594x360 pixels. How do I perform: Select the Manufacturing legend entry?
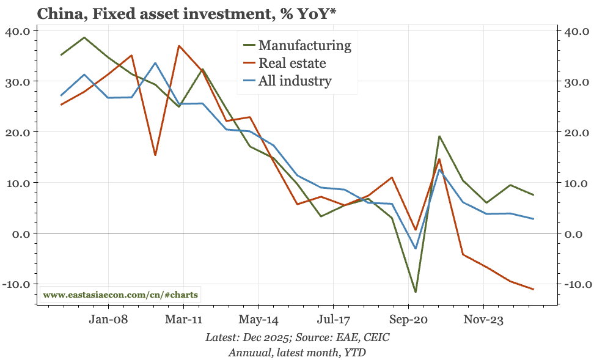(304, 45)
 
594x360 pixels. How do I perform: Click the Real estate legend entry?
(292, 62)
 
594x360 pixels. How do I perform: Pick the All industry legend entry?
(295, 81)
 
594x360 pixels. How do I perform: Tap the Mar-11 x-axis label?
(184, 320)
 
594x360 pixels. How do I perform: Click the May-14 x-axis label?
(259, 320)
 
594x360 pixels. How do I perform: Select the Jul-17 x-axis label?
(334, 320)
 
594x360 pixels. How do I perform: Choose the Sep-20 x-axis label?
(409, 320)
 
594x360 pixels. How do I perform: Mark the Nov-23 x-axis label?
(483, 320)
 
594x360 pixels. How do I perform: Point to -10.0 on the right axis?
(574, 284)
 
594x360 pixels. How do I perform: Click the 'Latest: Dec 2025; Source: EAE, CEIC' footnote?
(297, 337)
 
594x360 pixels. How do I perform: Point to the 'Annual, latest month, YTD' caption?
(297, 352)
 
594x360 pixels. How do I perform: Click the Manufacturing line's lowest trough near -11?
(416, 292)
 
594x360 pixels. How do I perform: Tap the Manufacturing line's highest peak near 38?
(84, 37)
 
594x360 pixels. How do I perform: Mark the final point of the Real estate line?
(533, 289)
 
